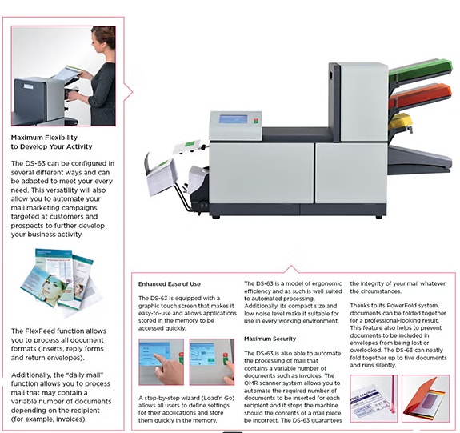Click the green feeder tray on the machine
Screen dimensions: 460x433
point(421,70)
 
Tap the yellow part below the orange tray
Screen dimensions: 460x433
point(400,122)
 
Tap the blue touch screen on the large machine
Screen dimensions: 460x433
point(234,119)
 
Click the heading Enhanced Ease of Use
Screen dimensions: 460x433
point(170,284)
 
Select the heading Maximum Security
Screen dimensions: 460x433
point(270,339)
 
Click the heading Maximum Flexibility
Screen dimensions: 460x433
point(44,138)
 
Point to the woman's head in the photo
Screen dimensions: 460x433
point(103,38)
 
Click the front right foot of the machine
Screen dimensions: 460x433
point(378,217)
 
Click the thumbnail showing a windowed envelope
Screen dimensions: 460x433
point(374,399)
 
